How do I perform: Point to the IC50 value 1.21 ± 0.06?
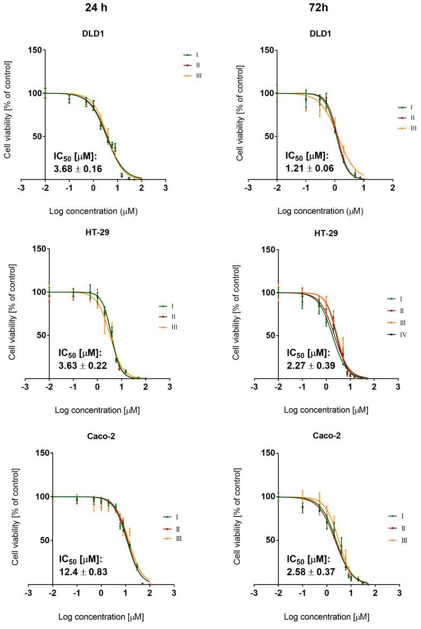pyautogui.click(x=308, y=168)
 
